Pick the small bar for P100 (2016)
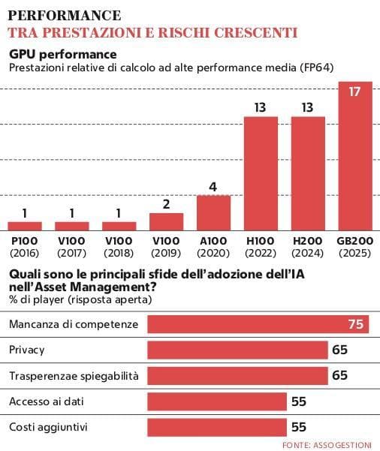point(25,225)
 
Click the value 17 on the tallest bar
point(356,93)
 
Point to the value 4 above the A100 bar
point(213,186)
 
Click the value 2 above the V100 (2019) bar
point(166,204)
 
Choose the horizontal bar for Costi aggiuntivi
point(218,427)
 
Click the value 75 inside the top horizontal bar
point(355,324)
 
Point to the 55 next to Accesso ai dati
point(299,401)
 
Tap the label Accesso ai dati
point(47,401)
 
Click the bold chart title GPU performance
point(62,54)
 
